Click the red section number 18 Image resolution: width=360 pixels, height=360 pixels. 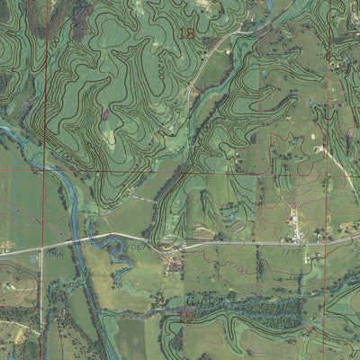point(186,34)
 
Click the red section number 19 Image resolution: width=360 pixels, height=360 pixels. point(187,316)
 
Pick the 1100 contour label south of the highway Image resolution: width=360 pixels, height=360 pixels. point(236,268)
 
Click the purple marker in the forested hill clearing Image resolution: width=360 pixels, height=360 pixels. point(105,114)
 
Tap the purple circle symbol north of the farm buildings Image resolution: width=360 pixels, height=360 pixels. point(294,206)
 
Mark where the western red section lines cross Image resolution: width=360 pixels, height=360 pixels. point(45,170)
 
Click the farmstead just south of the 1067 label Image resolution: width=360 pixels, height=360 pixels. point(173,265)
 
